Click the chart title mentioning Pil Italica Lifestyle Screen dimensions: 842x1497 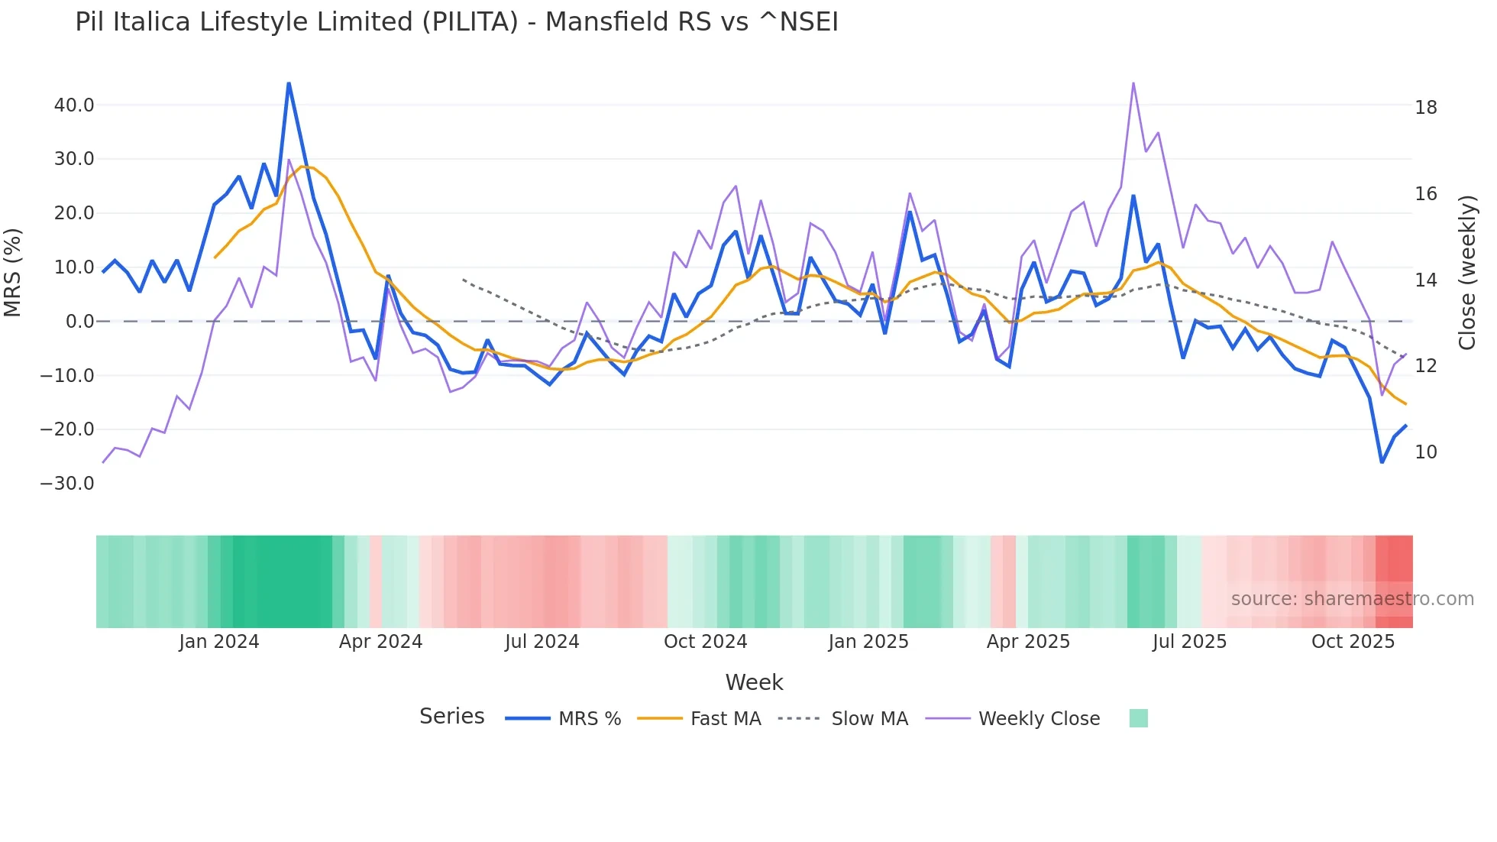(456, 22)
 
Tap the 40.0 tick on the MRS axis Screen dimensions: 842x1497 (74, 105)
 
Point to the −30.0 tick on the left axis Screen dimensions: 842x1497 (67, 484)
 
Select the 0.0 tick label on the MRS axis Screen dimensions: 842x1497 (79, 322)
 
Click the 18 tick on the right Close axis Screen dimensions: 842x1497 (1425, 108)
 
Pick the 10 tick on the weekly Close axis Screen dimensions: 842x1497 (1425, 452)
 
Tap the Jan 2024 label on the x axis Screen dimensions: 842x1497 (219, 642)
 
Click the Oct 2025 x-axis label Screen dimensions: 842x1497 (1353, 642)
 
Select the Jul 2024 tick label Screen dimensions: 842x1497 (542, 642)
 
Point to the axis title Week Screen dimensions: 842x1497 (754, 682)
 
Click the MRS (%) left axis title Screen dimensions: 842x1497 (13, 273)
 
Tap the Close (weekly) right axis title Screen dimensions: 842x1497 (1467, 273)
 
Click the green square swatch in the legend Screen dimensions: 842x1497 (1138, 718)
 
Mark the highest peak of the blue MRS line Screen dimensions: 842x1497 (289, 83)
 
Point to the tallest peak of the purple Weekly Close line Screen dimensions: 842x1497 (1133, 83)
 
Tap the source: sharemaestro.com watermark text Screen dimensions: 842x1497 (1352, 599)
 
